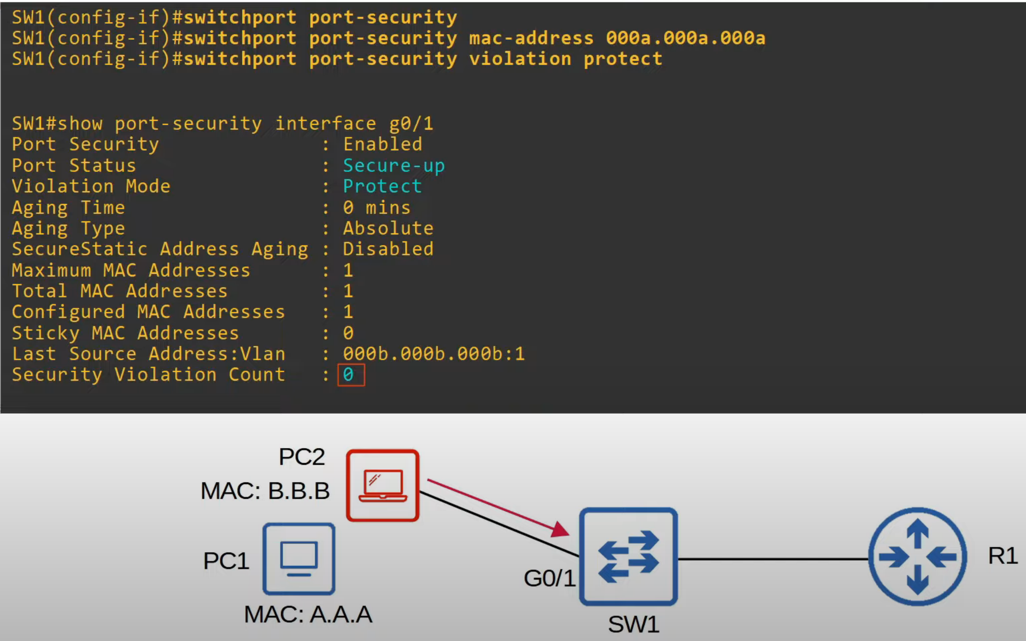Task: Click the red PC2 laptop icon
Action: [383, 485]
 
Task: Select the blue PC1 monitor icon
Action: [299, 559]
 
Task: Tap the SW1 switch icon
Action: [629, 557]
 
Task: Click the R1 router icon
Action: [918, 556]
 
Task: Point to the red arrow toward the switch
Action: [498, 507]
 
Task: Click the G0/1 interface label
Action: [550, 578]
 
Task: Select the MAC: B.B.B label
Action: [265, 491]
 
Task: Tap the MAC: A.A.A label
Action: [308, 614]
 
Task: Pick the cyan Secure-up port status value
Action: [394, 166]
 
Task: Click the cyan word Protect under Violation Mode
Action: [382, 186]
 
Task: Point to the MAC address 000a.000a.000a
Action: [686, 38]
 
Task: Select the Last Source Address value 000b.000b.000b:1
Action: [434, 354]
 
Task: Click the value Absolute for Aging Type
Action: [388, 228]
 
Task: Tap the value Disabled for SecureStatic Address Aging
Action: [388, 249]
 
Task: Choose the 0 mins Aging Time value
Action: [377, 207]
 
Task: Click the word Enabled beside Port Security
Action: [383, 145]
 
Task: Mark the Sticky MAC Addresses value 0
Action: [349, 333]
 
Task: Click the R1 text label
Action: [1003, 556]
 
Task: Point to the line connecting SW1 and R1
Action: [774, 559]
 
